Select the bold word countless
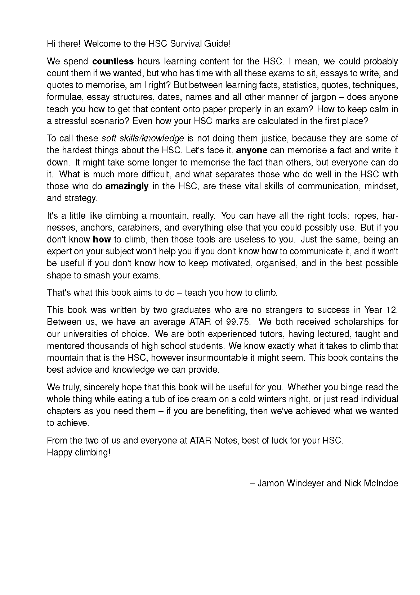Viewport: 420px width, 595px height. pyautogui.click(x=113, y=61)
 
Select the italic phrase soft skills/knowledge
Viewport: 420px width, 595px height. pyautogui.click(x=143, y=138)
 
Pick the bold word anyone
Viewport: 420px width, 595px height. pyautogui.click(x=251, y=150)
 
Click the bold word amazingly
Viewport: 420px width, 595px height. pyautogui.click(x=127, y=186)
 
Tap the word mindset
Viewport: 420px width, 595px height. pyautogui.click(x=381, y=186)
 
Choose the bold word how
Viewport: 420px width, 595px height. pyautogui.click(x=102, y=239)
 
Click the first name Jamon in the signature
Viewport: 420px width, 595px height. pyautogui.click(x=271, y=483)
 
